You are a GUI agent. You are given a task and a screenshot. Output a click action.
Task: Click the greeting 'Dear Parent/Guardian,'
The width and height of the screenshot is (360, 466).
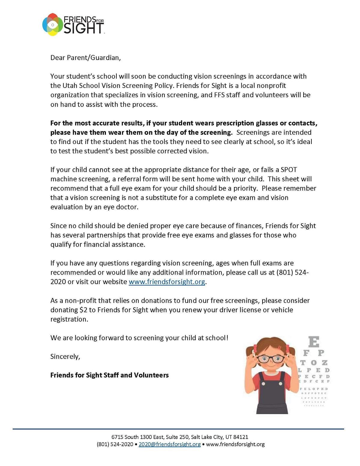coord(85,58)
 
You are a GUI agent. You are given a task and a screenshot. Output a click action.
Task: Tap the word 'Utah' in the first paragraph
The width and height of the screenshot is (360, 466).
coord(70,86)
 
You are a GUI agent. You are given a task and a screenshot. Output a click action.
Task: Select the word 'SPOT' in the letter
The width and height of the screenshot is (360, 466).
coord(289,170)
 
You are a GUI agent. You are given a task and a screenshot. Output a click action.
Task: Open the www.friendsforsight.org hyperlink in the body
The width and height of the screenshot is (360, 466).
coord(167,282)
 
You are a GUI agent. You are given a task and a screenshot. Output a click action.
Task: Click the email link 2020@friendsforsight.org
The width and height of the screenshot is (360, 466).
coord(169,444)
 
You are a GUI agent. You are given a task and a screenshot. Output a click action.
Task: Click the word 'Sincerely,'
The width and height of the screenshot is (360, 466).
coord(65,356)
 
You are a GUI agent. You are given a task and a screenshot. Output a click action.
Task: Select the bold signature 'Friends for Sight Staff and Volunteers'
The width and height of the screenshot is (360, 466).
coord(109,375)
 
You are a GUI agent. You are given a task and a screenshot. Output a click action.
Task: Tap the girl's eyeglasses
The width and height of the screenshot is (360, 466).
coord(271,359)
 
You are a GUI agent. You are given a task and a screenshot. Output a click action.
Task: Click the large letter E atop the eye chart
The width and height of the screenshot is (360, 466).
coord(314,342)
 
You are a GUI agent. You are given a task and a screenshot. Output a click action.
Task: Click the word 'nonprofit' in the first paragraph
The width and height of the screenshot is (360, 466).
coord(271,86)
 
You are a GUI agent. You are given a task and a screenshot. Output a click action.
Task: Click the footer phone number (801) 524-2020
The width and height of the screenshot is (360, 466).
coord(115,444)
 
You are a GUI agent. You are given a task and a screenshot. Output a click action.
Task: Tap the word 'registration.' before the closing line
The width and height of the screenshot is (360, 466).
coord(69,319)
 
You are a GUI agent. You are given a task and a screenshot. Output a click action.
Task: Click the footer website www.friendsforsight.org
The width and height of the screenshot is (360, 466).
coord(235,444)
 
